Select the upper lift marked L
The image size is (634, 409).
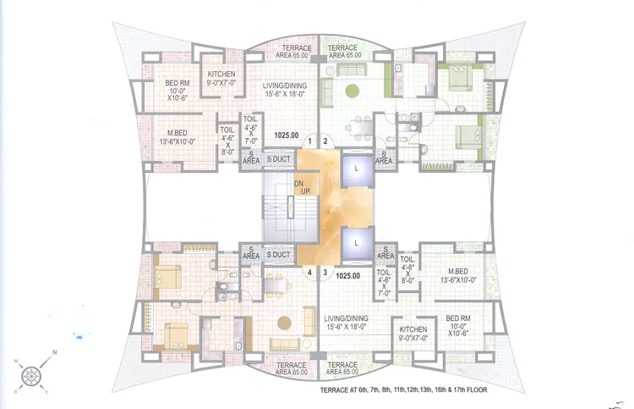(358, 169)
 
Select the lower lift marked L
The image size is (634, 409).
(358, 241)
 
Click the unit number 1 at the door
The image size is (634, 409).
(310, 141)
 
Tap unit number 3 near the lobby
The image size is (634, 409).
(325, 273)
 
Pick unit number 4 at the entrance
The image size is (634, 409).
(310, 273)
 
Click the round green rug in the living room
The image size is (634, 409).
(352, 91)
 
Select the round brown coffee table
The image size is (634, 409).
(286, 323)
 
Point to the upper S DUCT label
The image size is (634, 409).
(279, 158)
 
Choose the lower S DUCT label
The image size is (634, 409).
(279, 254)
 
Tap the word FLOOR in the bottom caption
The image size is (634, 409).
(472, 390)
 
